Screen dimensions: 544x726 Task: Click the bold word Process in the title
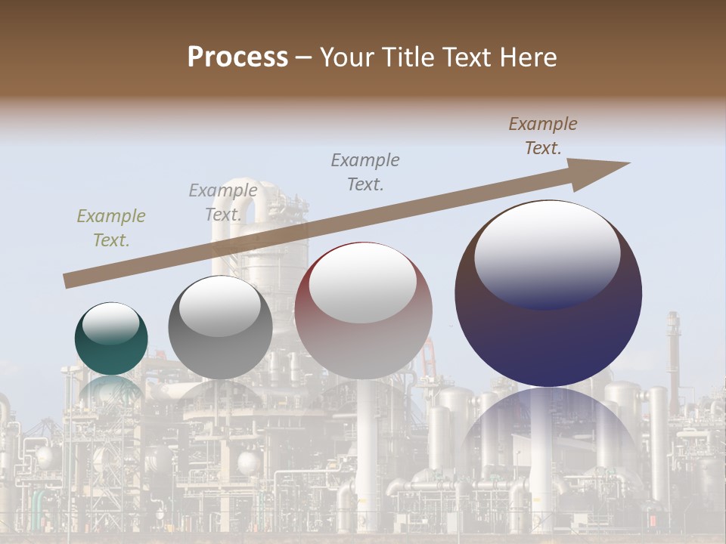[237, 57]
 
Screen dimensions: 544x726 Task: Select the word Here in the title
[529, 57]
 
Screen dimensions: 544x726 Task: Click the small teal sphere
[111, 338]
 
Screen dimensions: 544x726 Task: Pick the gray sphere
[220, 327]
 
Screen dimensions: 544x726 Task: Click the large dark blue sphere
[548, 293]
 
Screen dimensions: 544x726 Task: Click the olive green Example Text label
[111, 228]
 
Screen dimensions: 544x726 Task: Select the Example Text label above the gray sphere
[223, 202]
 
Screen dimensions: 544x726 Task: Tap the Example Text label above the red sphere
[365, 172]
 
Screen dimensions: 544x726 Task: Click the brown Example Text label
[543, 136]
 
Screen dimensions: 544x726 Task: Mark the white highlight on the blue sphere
[547, 253]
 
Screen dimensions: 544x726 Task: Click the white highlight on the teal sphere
[110, 323]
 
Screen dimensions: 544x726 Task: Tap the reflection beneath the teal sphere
[111, 389]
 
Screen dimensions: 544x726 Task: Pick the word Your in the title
[346, 57]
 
